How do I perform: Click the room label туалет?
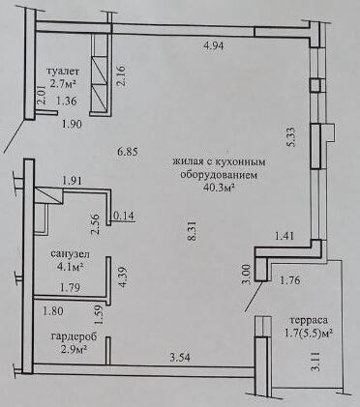(63, 71)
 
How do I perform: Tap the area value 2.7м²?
(63, 84)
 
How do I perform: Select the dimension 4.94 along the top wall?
(214, 45)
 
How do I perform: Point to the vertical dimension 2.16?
(122, 76)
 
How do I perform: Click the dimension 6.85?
(128, 152)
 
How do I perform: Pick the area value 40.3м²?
(219, 188)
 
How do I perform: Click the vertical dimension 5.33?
(292, 136)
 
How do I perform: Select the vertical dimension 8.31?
(193, 230)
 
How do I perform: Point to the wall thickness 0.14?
(123, 216)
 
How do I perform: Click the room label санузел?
(71, 254)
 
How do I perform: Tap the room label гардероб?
(74, 336)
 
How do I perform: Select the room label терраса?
(309, 320)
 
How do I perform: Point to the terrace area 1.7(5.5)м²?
(310, 334)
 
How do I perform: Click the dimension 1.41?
(285, 236)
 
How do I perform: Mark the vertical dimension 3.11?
(317, 362)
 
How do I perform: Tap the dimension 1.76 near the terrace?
(290, 280)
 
